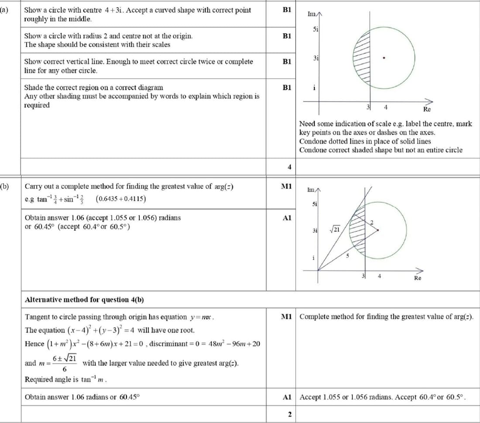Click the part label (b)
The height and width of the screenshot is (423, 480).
[5, 186]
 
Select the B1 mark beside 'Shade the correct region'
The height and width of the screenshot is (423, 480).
[287, 87]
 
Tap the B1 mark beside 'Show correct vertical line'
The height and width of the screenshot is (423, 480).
[287, 62]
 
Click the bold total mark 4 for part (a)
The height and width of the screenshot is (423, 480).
[289, 167]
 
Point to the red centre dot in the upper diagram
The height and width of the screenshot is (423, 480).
[383, 57]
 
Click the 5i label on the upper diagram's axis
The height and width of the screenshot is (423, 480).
[315, 29]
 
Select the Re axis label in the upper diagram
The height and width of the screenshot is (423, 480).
[427, 110]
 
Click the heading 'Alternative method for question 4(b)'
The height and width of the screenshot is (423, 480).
[85, 299]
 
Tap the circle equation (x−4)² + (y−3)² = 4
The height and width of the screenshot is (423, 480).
[104, 330]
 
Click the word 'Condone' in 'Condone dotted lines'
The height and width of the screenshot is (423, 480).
[310, 141]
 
